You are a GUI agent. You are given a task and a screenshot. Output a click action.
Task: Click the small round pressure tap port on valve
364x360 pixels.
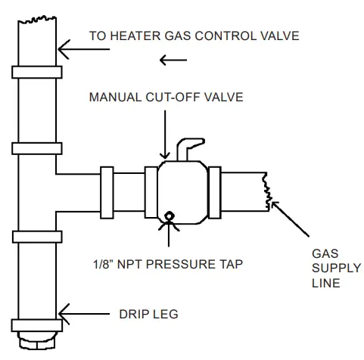pos(168,216)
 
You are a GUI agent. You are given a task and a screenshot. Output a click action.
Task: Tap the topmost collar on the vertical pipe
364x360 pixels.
pos(35,72)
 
